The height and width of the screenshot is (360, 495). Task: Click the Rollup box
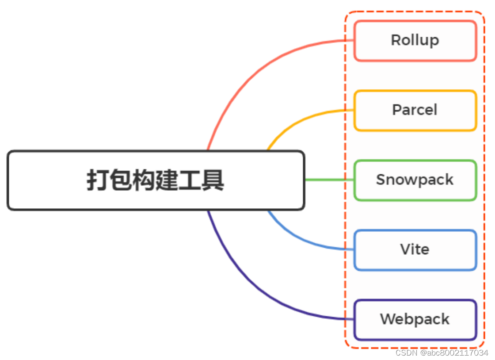(415, 41)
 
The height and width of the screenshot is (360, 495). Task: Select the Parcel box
(415, 110)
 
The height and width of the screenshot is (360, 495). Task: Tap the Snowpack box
(415, 180)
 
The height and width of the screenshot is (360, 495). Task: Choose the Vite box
(415, 250)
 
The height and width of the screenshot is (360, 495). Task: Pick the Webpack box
(415, 319)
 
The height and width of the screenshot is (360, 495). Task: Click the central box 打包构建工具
(156, 180)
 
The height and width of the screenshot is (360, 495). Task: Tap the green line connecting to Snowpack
(329, 180)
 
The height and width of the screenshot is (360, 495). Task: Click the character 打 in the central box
(98, 180)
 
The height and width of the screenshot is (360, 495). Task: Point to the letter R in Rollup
(396, 40)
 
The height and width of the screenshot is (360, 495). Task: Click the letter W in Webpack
(388, 319)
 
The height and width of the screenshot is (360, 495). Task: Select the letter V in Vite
(405, 249)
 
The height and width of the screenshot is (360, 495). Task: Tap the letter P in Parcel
(397, 110)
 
